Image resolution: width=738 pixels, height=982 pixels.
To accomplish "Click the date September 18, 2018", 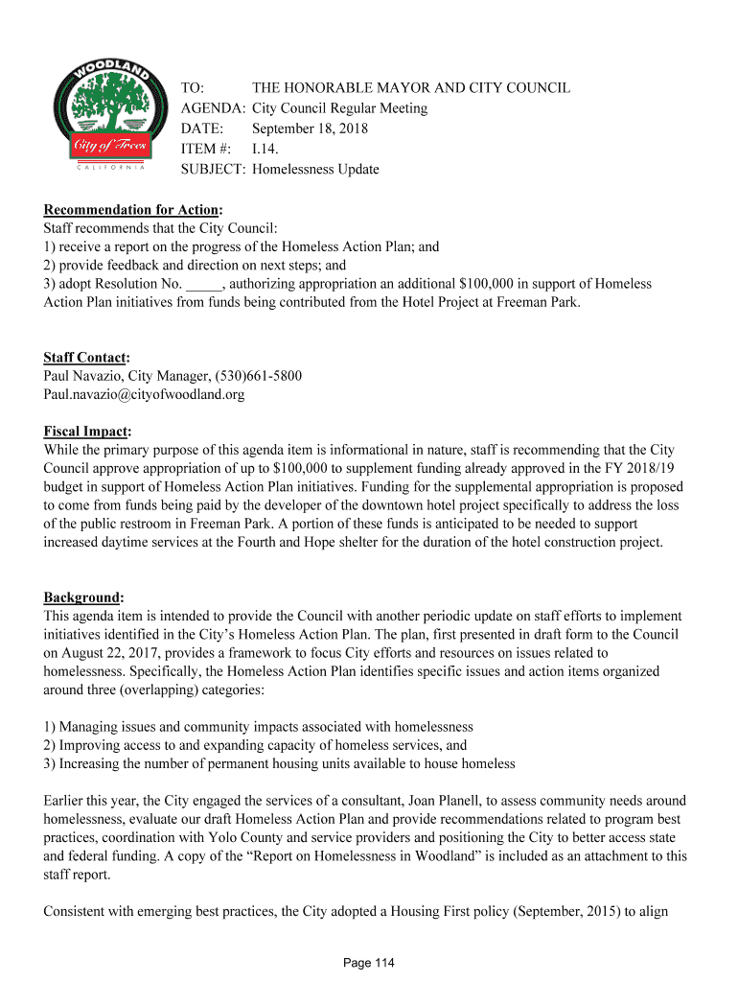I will [310, 129].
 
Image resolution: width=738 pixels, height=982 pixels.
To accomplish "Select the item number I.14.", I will [266, 149].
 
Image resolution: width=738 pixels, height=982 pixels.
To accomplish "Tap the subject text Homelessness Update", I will [315, 170].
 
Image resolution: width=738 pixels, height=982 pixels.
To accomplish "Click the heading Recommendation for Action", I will [131, 209].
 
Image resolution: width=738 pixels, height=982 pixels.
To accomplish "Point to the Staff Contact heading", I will [85, 358].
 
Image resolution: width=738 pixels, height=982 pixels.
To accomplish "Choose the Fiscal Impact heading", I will [86, 431].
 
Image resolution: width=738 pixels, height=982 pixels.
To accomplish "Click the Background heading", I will [81, 596].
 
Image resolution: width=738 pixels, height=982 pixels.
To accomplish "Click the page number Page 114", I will [369, 963].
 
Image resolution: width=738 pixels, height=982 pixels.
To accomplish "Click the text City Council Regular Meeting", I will [339, 108].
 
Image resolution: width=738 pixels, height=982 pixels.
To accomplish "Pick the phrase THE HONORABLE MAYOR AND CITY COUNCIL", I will [410, 88].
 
